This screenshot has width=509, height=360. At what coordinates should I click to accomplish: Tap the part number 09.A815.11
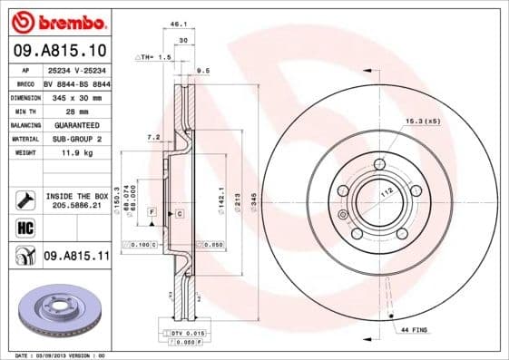coord(76,257)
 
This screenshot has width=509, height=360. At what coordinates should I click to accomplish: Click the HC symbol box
coord(24,228)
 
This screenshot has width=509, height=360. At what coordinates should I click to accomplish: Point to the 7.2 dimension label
coord(154,137)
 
